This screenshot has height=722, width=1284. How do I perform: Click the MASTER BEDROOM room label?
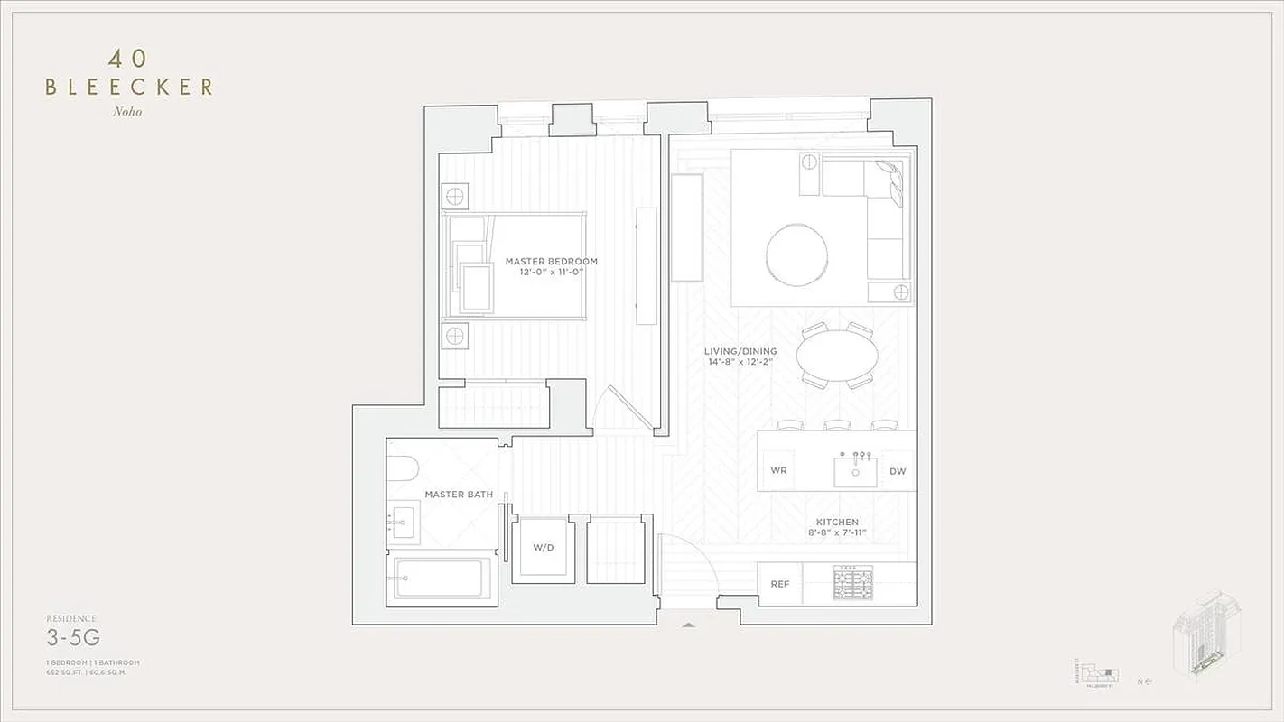(551, 262)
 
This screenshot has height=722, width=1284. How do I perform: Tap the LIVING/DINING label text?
(740, 351)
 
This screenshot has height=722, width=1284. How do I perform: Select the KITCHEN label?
(837, 522)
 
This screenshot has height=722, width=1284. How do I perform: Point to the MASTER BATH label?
(459, 495)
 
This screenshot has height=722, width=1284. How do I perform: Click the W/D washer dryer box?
(543, 549)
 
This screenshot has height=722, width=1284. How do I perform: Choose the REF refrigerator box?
(780, 584)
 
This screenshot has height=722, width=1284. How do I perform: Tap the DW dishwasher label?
(897, 471)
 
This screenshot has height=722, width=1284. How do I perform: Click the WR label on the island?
(777, 471)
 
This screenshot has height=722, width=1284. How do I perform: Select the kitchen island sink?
(855, 472)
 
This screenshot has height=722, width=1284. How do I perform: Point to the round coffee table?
(796, 255)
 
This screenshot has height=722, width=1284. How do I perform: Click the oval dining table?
(837, 356)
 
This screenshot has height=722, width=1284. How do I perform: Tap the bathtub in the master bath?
(442, 578)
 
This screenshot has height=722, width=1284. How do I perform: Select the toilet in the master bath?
(401, 467)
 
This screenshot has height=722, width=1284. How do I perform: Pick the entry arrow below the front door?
(689, 624)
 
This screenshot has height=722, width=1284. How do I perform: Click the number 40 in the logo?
(128, 60)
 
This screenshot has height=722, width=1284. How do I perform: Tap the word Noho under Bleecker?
(128, 112)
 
